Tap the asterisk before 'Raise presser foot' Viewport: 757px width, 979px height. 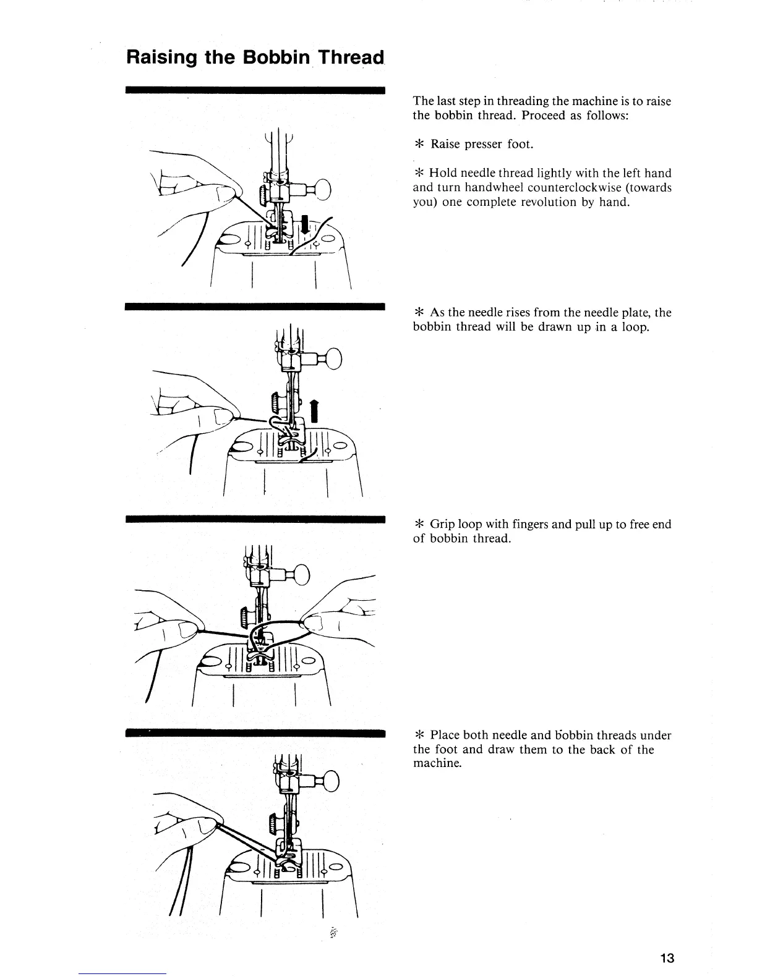click(x=418, y=145)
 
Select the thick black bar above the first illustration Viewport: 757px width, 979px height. click(x=255, y=90)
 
